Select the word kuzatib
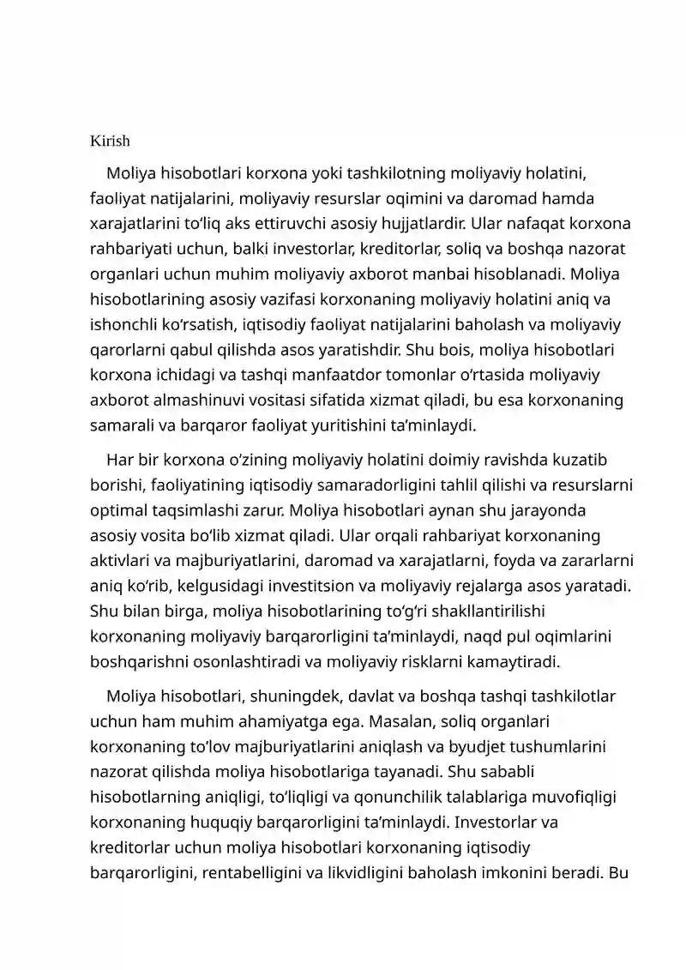581,461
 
